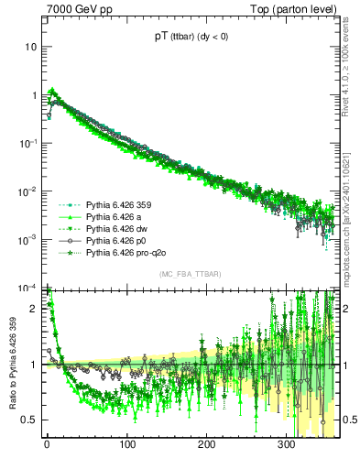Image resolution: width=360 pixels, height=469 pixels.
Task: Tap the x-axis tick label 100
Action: click(x=126, y=445)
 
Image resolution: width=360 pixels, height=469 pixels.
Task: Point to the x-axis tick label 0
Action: click(x=47, y=445)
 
